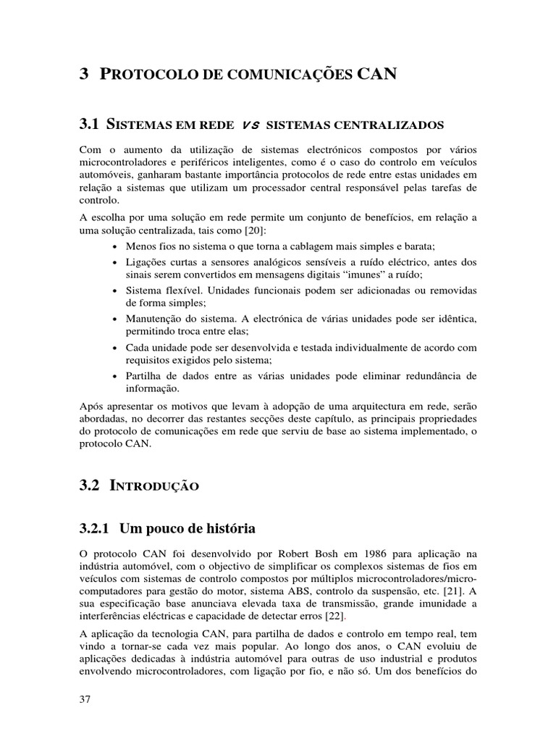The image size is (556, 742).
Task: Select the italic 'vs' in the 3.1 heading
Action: [x=250, y=125]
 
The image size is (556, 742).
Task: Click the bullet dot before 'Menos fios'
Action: [x=117, y=247]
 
